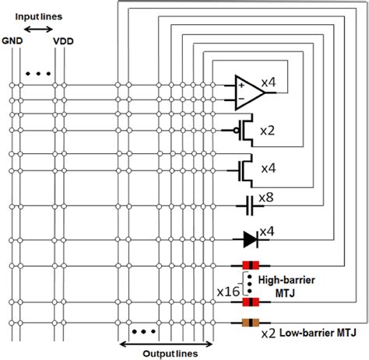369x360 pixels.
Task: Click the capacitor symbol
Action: [249, 207]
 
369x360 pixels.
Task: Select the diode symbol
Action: [249, 237]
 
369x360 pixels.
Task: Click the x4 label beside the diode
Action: [268, 232]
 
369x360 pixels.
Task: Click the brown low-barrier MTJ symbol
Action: [250, 323]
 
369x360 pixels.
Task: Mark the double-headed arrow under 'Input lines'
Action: [37, 30]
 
